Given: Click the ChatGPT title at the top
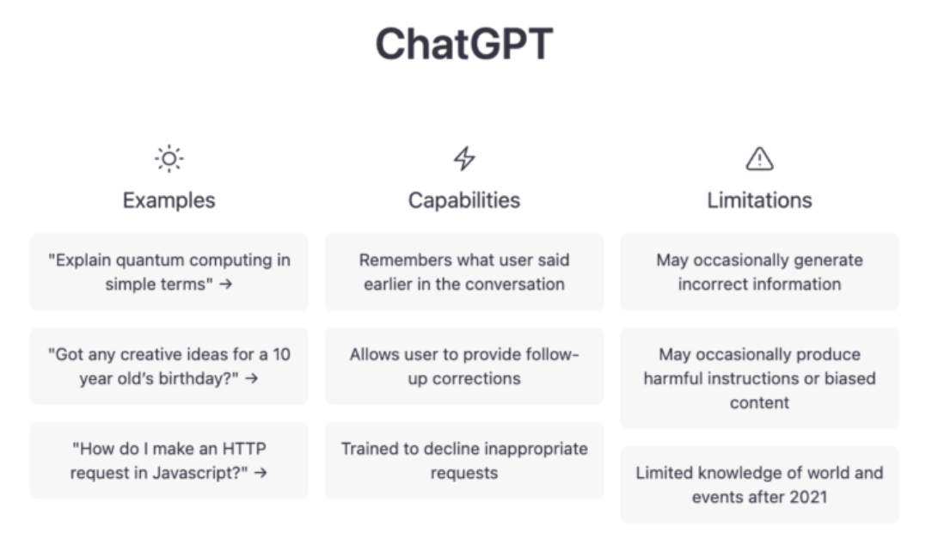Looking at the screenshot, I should click(464, 44).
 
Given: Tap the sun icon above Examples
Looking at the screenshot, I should click(169, 159).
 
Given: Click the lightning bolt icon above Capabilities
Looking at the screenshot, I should click(464, 159).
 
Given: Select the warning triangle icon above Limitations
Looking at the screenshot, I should click(759, 159).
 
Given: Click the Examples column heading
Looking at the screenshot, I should click(169, 200).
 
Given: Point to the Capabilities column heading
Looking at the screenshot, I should click(464, 200).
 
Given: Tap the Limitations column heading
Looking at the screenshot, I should click(759, 200).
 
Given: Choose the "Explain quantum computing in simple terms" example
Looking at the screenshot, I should click(169, 272).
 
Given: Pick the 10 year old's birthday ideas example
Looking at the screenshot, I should click(169, 366).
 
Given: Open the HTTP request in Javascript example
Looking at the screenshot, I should click(169, 461).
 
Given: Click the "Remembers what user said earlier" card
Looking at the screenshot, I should click(464, 272).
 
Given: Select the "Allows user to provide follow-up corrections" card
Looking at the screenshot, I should click(464, 366).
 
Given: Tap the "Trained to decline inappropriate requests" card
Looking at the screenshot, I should click(464, 461).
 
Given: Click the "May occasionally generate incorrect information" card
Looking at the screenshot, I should click(759, 272).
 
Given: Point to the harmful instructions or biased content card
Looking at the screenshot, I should click(759, 378).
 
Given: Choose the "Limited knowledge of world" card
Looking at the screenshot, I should click(759, 484).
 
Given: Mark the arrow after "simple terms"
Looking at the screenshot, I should click(225, 285).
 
